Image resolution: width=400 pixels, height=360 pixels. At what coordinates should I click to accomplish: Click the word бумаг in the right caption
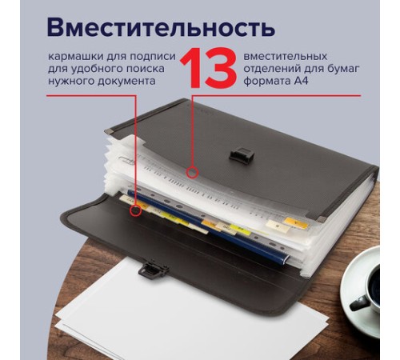point(342,70)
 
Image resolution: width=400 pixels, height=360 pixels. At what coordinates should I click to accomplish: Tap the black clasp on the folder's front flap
point(146,270)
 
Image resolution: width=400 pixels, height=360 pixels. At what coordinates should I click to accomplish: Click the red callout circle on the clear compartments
point(192,171)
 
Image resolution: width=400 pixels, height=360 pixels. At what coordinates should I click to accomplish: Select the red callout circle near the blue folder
point(137,212)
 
